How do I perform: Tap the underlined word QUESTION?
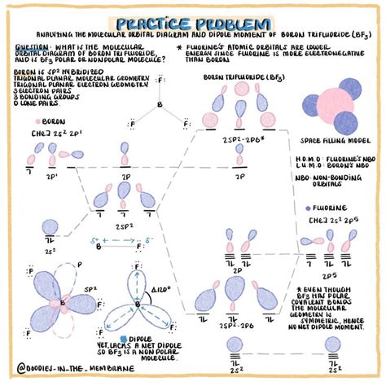click(32, 46)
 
